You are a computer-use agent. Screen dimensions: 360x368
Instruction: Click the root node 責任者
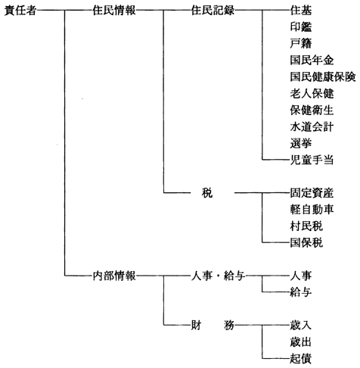[20, 11]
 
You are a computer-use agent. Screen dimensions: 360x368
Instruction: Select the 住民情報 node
[114, 11]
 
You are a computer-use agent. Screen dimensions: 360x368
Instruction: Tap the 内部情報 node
[114, 276]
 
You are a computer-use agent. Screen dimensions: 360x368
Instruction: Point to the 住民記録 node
[213, 11]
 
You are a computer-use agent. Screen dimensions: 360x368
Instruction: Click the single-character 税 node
[207, 193]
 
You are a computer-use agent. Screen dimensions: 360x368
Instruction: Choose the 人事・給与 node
[218, 276]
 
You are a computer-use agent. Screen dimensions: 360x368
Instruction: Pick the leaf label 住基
[301, 11]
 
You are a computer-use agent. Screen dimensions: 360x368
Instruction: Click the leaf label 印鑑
[301, 27]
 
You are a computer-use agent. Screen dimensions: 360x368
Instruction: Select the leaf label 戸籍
[301, 44]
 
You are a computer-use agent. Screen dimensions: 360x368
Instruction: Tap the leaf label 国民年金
[312, 61]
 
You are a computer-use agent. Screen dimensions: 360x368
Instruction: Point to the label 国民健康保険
[323, 76]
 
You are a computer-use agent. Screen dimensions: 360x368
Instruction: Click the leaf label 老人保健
[312, 94]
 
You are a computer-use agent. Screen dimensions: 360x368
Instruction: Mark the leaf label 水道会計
[312, 126]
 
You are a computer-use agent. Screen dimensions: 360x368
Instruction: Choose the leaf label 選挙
[301, 143]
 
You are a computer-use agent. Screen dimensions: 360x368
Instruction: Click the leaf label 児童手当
[312, 160]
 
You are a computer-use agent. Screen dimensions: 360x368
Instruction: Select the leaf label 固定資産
[312, 193]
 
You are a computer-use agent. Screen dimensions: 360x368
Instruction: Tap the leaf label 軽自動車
[312, 210]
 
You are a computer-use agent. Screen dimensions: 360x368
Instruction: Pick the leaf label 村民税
[306, 226]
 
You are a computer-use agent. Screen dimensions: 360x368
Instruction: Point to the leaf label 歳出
[301, 342]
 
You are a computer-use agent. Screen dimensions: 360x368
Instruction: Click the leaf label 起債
[301, 359]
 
